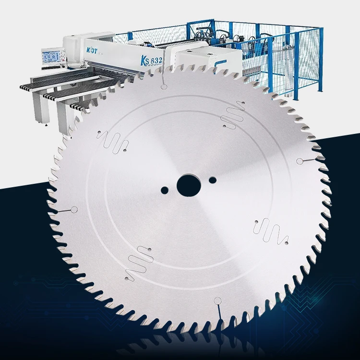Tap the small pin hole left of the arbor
[165, 189]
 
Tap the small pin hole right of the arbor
[213, 180]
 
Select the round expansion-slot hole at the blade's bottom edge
[217, 301]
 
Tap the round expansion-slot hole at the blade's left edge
[73, 209]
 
